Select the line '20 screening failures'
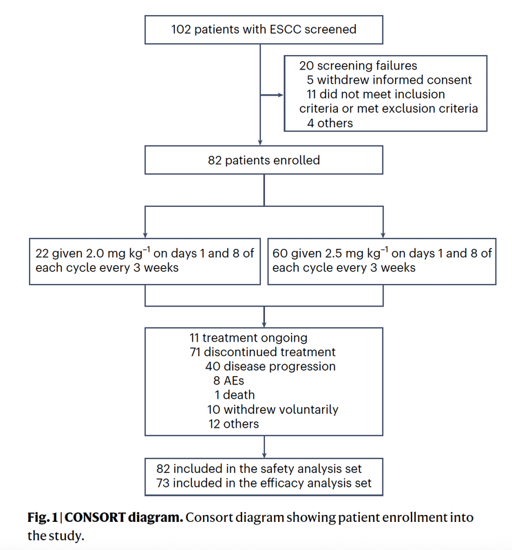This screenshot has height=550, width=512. [x=358, y=66]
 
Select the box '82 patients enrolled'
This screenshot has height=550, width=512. [x=264, y=161]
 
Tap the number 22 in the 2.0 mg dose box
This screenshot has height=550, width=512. [x=43, y=253]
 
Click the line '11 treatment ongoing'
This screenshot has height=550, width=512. [x=248, y=338]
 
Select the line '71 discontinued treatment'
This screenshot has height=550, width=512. [x=262, y=352]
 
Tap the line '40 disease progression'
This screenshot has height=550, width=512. [x=270, y=366]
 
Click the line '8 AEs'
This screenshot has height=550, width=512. [x=228, y=381]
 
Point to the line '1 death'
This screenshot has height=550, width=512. [x=234, y=395]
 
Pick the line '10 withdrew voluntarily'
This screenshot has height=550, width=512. [x=273, y=410]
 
